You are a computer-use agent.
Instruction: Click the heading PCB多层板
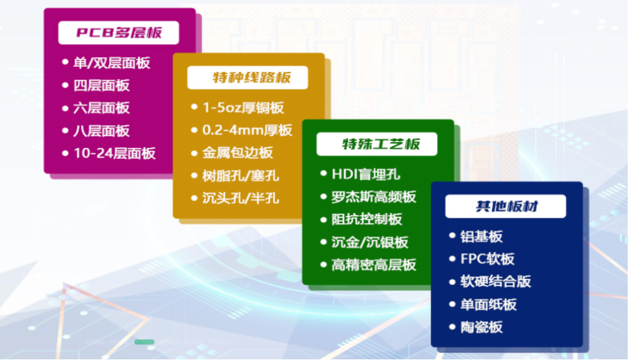click(x=119, y=32)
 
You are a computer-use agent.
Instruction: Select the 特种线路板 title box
click(x=247, y=77)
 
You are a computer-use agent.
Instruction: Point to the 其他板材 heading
click(x=506, y=206)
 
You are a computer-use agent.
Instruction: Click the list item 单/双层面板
click(x=112, y=63)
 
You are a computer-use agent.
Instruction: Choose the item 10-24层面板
click(x=114, y=153)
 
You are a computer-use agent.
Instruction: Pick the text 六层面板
click(x=101, y=108)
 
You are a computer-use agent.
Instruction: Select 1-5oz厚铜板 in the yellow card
click(x=243, y=108)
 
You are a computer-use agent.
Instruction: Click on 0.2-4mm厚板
click(x=247, y=130)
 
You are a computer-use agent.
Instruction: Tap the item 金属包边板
click(x=238, y=152)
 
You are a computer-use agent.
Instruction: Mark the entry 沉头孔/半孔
click(x=240, y=198)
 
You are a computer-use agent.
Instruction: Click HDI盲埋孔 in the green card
click(x=366, y=174)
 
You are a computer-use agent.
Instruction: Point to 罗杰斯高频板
click(x=373, y=197)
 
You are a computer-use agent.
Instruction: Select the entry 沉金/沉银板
click(x=369, y=242)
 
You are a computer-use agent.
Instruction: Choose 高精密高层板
click(x=373, y=265)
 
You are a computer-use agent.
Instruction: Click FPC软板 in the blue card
click(x=487, y=259)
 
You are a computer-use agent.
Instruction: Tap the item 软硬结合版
click(x=495, y=282)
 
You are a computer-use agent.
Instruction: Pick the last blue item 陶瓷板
click(x=482, y=327)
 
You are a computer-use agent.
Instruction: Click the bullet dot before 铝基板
click(x=452, y=235)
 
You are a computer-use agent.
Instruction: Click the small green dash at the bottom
click(x=144, y=342)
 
